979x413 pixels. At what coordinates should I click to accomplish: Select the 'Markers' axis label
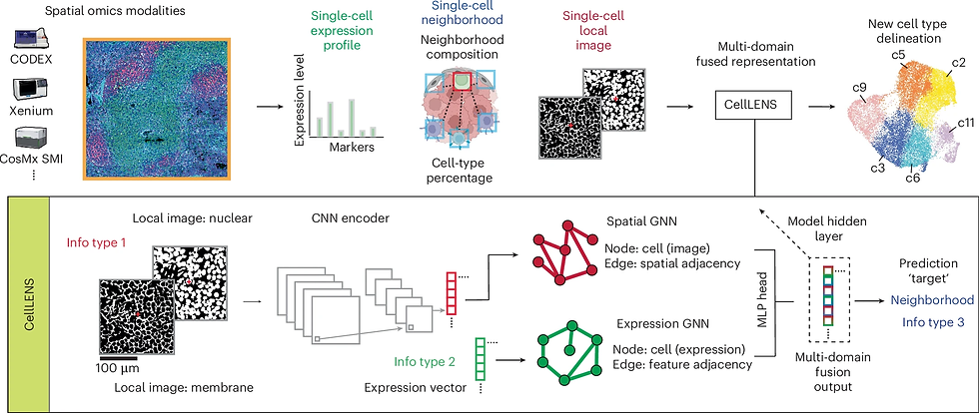(351, 147)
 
